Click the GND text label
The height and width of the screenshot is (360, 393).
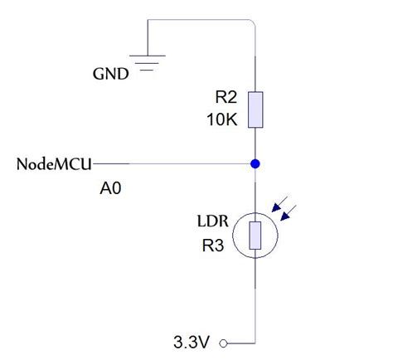[110, 74]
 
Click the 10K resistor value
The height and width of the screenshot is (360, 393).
[222, 119]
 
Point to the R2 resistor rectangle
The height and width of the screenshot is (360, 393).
[256, 109]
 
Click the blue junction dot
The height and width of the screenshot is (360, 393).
[256, 163]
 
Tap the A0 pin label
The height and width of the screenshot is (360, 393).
[110, 189]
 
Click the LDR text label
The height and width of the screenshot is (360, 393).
[212, 223]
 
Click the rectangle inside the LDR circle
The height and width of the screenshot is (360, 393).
[256, 236]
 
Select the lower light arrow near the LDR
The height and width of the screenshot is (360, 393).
[290, 215]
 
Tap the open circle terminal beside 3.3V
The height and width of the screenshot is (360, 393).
[222, 342]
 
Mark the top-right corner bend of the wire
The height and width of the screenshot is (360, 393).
[255, 22]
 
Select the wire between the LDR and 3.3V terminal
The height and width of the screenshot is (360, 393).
[256, 299]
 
